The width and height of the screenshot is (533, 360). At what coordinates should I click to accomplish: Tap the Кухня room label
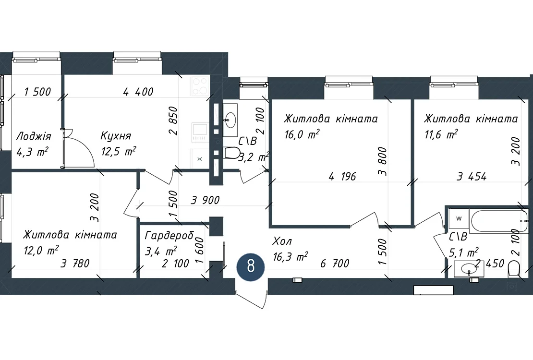click(116, 136)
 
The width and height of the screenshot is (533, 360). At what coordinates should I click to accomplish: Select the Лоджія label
click(34, 136)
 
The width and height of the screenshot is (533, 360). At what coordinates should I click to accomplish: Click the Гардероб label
click(169, 236)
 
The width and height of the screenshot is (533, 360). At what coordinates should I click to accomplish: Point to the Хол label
click(282, 241)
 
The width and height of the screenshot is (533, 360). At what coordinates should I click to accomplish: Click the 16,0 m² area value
click(302, 134)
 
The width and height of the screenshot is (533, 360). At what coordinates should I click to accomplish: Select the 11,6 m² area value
click(441, 134)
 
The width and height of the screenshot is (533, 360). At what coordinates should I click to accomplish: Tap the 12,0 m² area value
click(41, 250)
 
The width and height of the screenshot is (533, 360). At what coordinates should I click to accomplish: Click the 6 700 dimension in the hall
click(335, 264)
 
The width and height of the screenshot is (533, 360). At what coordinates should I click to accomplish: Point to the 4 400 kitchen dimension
click(138, 92)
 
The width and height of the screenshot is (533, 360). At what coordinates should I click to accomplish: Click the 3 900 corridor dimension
click(206, 200)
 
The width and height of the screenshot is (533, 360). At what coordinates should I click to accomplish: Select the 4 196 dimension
click(342, 177)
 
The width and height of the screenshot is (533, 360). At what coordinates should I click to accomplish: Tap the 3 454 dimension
click(472, 177)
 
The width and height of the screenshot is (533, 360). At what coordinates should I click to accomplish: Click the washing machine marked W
click(459, 218)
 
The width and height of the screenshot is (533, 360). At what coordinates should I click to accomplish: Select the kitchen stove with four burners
click(200, 86)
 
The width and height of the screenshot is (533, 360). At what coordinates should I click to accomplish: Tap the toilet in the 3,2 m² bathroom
click(232, 153)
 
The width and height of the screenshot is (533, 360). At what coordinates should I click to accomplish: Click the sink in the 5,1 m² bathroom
click(469, 269)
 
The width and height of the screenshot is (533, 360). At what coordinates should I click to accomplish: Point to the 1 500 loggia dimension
click(37, 92)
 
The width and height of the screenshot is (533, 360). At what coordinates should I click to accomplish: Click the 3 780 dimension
click(75, 264)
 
